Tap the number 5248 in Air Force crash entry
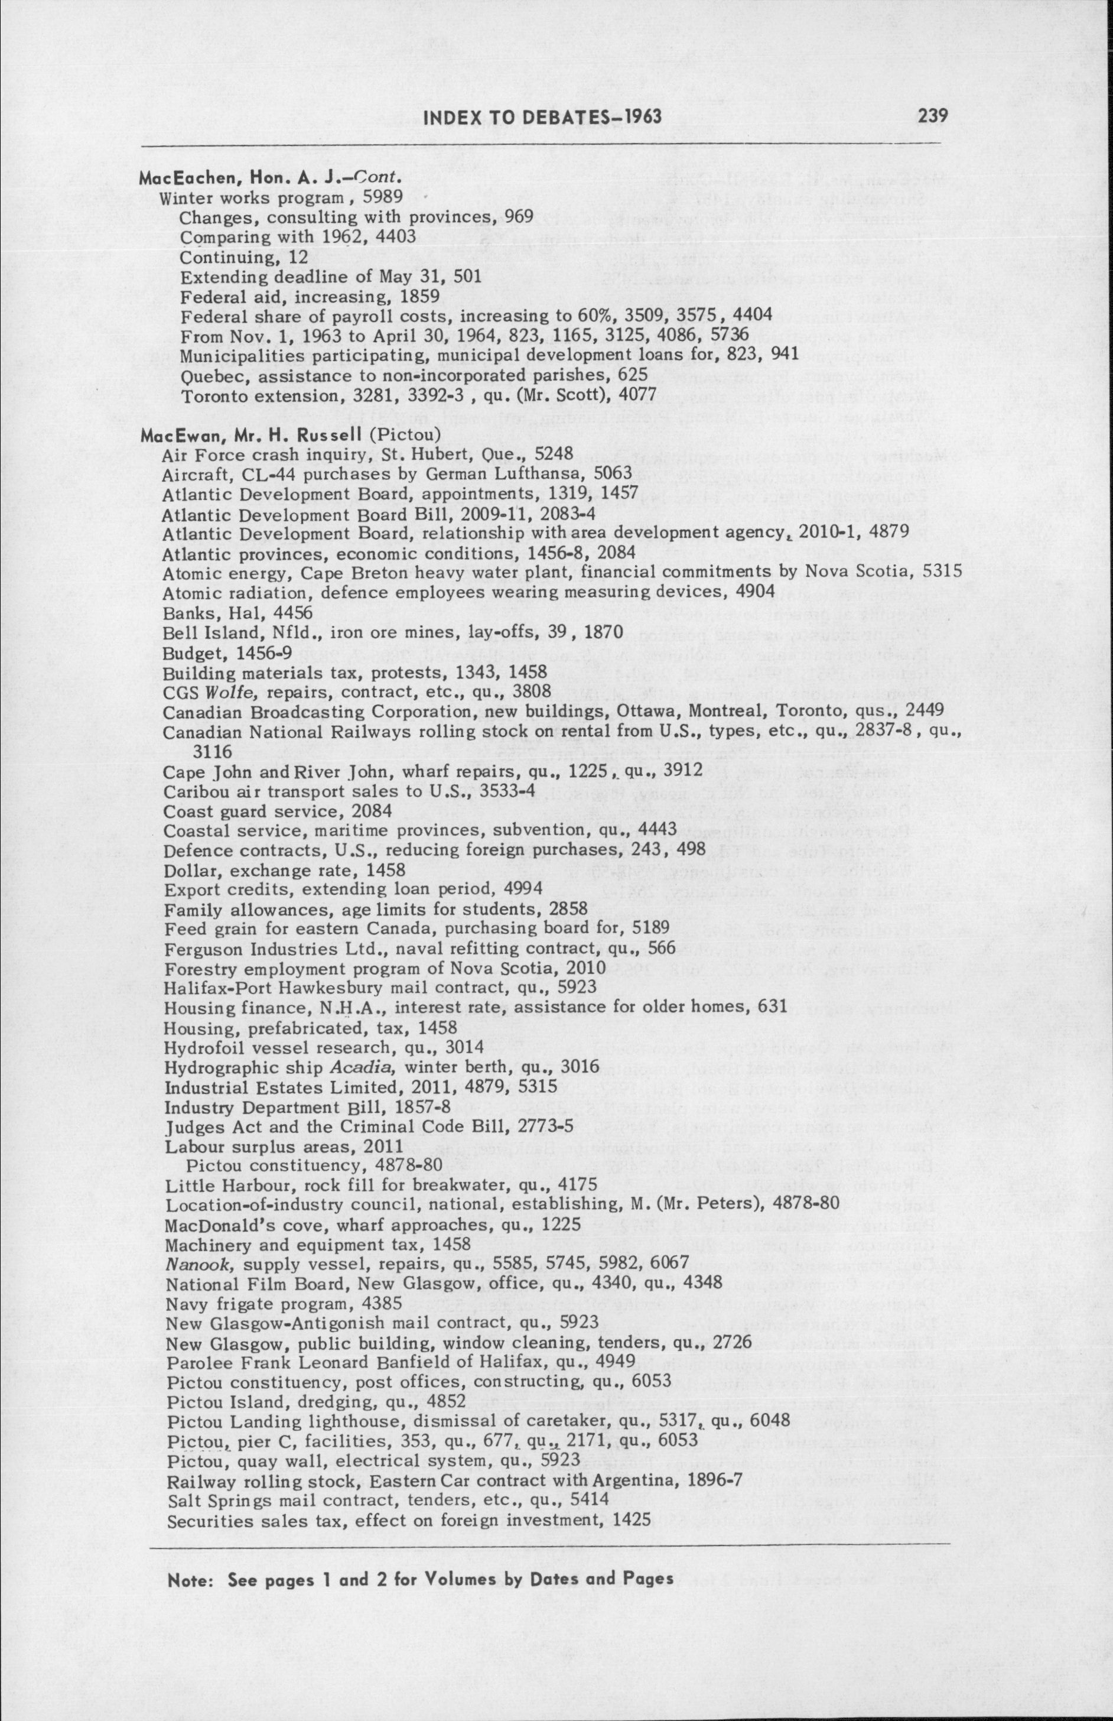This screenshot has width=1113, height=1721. point(554,454)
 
